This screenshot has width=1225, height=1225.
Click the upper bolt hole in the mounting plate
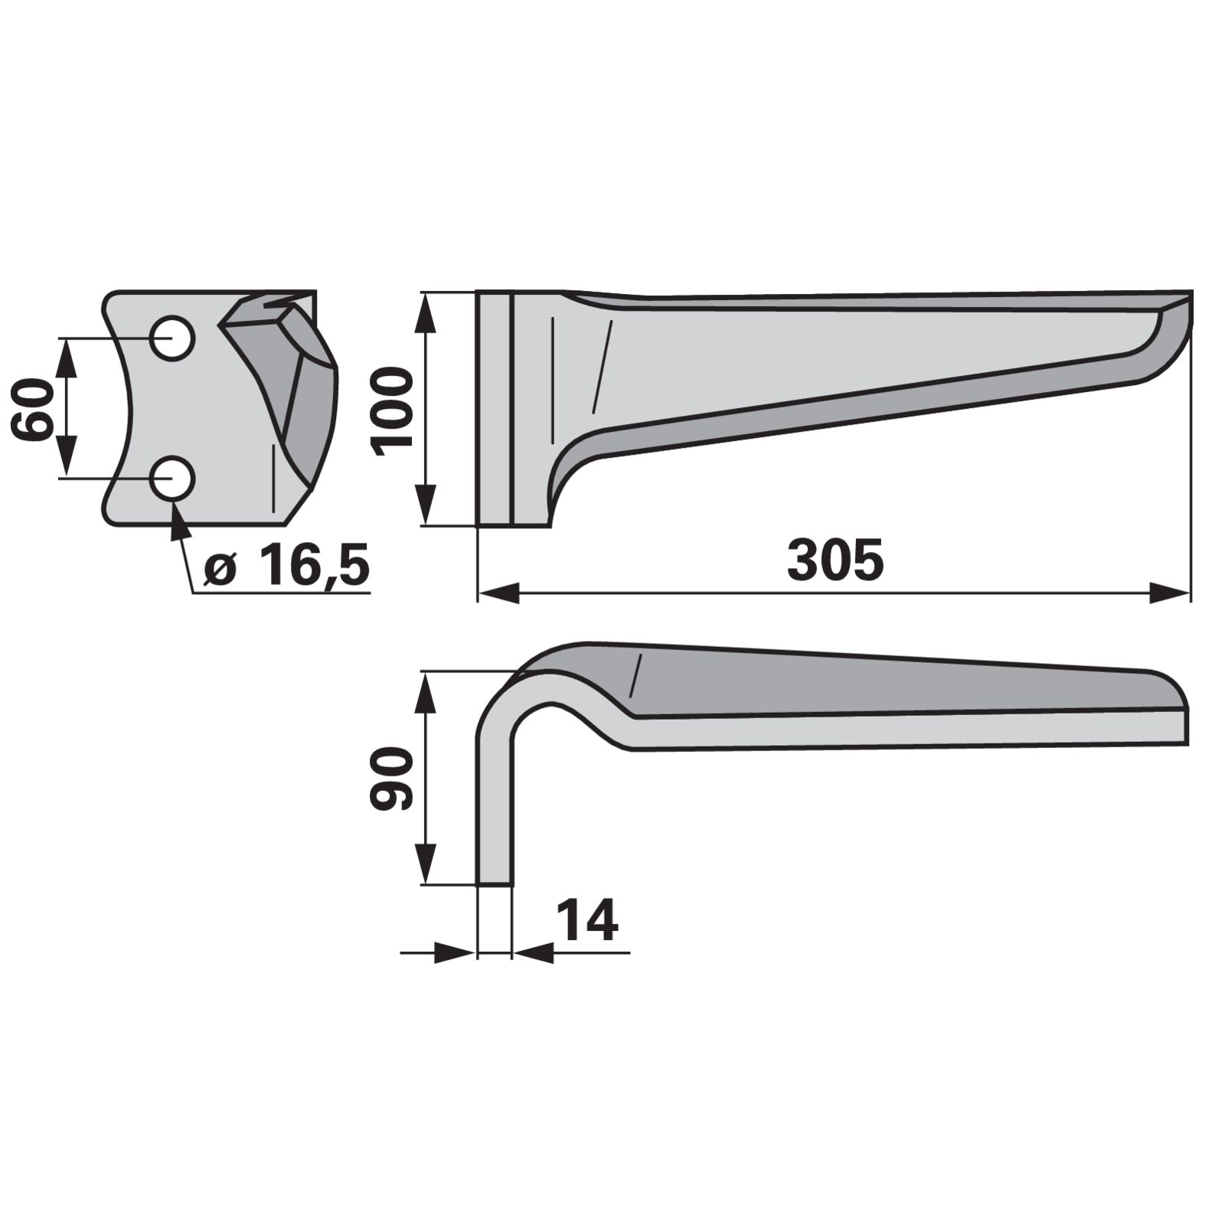click(x=172, y=338)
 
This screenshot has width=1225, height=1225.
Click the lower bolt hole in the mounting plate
click(x=172, y=479)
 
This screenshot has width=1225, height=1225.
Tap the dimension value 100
click(x=391, y=411)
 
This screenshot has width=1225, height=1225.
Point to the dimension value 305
click(x=835, y=560)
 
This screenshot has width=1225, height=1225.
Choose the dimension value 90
click(x=391, y=779)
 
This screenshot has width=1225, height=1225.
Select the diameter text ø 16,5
click(x=288, y=566)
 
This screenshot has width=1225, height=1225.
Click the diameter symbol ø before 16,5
click(x=220, y=570)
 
